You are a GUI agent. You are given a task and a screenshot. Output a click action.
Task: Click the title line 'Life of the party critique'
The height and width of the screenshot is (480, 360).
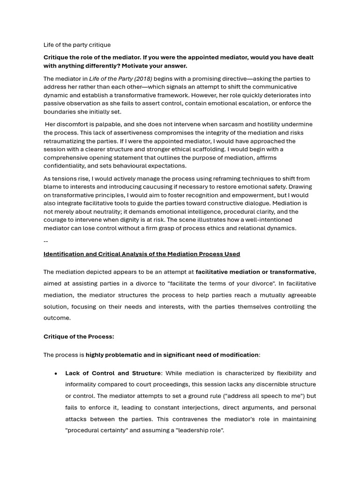[x=77, y=45]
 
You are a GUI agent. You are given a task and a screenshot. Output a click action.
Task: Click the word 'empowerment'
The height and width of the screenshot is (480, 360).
[x=254, y=195]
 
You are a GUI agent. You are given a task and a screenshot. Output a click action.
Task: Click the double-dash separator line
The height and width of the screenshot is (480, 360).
[x=45, y=241]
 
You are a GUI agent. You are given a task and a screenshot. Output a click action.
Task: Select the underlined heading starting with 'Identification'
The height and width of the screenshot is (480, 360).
[x=142, y=254]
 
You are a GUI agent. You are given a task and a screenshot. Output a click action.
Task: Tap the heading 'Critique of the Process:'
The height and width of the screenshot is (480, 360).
[x=79, y=337]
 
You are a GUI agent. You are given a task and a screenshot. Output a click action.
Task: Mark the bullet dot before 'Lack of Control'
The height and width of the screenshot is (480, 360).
[x=56, y=374]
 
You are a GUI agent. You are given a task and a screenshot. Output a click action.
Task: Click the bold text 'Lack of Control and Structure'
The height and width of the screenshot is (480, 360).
[x=112, y=373]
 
